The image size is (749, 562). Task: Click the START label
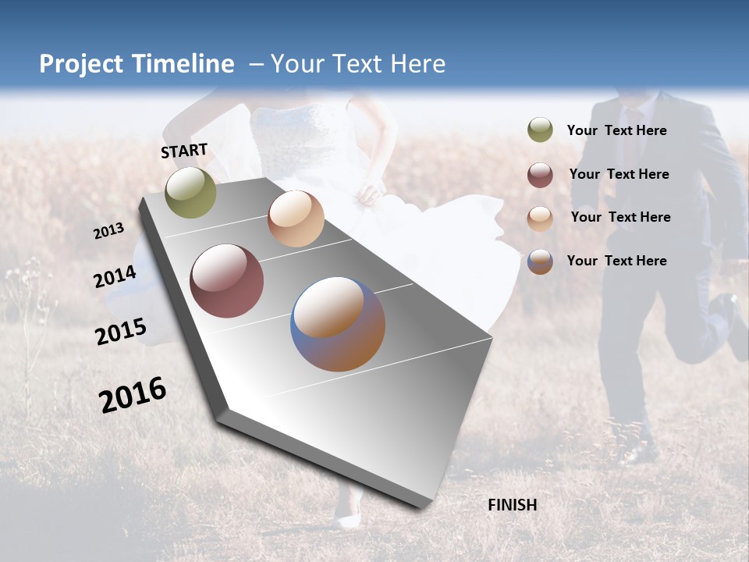(x=184, y=151)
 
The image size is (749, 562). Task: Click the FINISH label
(x=513, y=505)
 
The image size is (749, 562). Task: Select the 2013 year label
(x=108, y=231)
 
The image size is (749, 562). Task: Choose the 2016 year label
(x=133, y=395)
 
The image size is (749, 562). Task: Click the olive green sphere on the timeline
(x=190, y=193)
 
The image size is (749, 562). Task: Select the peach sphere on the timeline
(x=296, y=219)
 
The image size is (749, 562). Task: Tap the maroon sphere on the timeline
(x=226, y=281)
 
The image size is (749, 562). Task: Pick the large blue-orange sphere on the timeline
(x=338, y=324)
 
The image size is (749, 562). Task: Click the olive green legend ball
(x=540, y=130)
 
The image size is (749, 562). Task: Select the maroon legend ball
(x=540, y=174)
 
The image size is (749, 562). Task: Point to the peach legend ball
(x=540, y=218)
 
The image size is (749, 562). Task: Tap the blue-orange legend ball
(x=540, y=261)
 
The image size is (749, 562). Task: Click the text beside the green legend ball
(x=616, y=130)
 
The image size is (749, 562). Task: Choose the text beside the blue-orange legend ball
(x=616, y=261)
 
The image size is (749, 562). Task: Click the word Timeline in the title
(x=179, y=64)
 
